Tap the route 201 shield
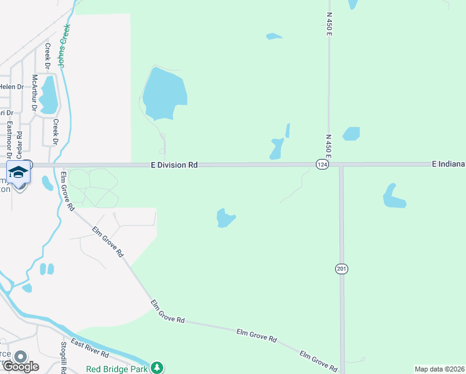341,269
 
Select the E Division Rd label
174,165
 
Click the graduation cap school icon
19,171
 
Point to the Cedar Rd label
19,143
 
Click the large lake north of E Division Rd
164,93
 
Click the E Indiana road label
449,164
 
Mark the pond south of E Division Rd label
224,218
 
